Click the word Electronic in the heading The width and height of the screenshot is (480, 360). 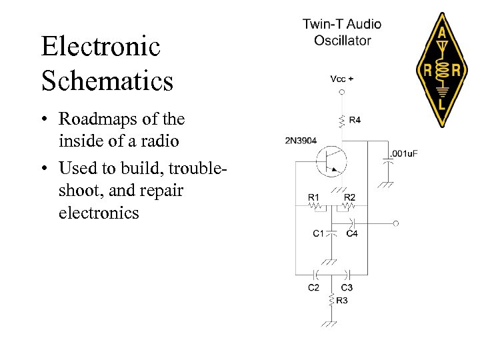[x=101, y=47]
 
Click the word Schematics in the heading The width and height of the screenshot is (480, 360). [x=107, y=81]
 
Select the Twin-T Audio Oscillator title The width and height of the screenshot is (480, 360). [x=342, y=32]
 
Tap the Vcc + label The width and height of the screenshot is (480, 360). [x=342, y=79]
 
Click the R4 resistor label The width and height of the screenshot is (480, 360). [x=355, y=120]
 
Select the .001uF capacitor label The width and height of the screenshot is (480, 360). [x=404, y=154]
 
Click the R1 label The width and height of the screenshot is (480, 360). [x=314, y=197]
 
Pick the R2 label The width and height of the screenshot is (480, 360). [x=349, y=197]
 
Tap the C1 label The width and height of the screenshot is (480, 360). [x=319, y=233]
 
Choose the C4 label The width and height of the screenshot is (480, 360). [x=352, y=233]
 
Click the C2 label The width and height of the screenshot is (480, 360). [x=313, y=287]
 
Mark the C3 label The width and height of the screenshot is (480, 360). [x=347, y=287]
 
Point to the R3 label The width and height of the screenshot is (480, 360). [x=342, y=301]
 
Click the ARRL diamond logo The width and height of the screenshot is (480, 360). [x=441, y=70]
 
